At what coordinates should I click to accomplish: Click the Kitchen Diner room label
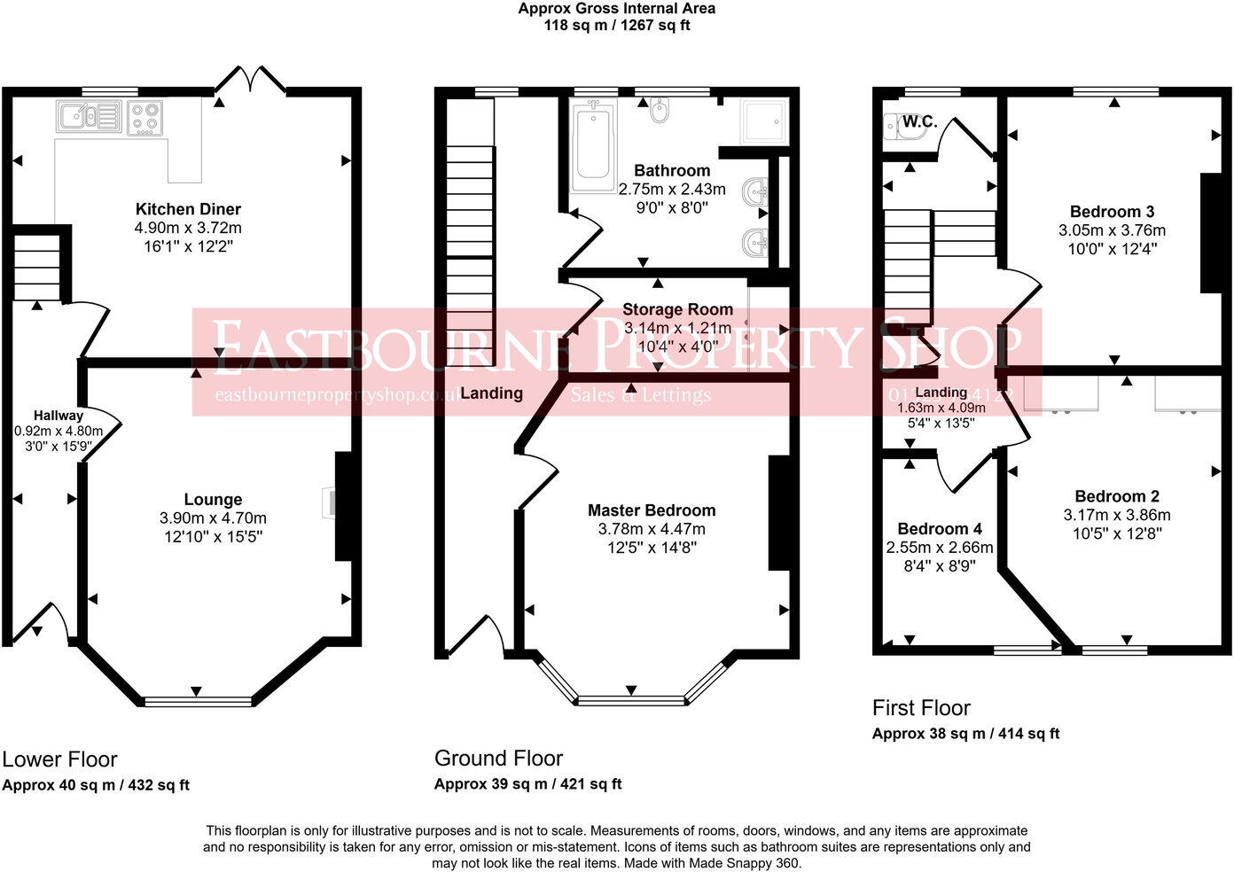pos(188,209)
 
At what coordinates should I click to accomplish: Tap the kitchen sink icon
pos(89,116)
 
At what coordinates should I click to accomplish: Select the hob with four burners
pos(145,117)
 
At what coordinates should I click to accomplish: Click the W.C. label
pos(919,122)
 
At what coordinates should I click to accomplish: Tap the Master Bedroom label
pos(652,510)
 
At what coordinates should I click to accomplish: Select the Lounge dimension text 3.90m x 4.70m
pos(213,518)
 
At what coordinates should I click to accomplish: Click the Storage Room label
pos(677,309)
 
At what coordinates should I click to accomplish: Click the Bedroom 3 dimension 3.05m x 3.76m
pos(1112,230)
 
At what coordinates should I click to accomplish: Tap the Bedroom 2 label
pos(1117,496)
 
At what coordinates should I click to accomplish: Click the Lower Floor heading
pos(59,759)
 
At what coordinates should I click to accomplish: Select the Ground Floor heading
pos(498,759)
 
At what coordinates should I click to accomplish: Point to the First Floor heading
pos(921,708)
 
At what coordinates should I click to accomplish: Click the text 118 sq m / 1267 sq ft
pos(617,25)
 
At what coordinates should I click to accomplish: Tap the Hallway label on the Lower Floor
pos(59,415)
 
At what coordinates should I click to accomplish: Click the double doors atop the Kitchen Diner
pos(250,81)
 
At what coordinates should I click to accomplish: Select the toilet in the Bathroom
pos(660,111)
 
